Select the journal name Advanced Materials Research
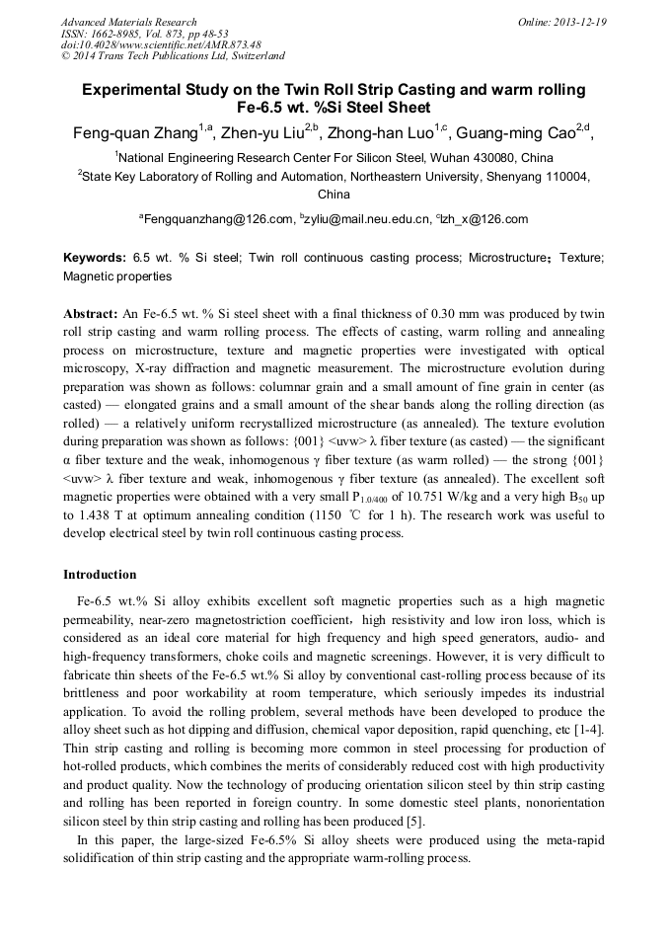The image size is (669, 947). [128, 22]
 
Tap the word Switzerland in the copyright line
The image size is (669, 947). [255, 56]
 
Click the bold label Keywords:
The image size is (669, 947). [94, 257]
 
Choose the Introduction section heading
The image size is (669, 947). [100, 574]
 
